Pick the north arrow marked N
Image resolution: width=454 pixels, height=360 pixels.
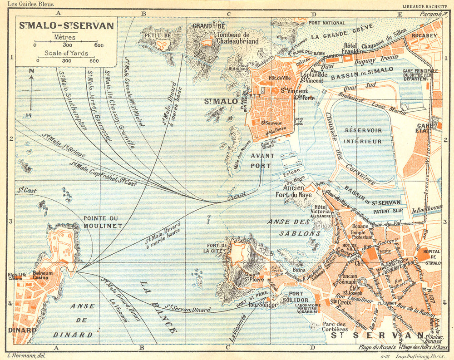(31, 71)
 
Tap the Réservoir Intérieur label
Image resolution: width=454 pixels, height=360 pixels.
(363, 135)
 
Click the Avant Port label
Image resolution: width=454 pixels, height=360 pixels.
(261, 160)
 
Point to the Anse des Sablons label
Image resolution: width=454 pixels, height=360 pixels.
(294, 227)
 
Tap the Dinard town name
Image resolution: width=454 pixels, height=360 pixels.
(22, 330)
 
